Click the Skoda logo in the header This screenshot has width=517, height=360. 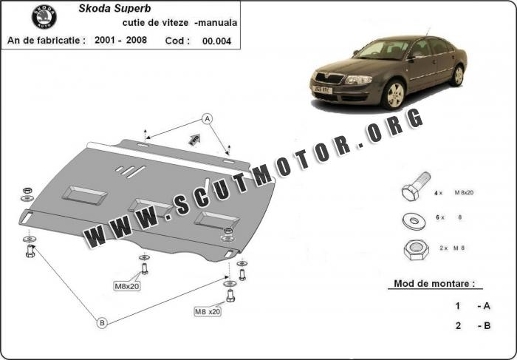coord(44,17)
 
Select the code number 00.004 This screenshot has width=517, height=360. coord(216,41)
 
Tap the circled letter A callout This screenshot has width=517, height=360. coord(208,119)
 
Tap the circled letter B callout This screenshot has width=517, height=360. coord(102,322)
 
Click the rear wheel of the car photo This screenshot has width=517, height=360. coord(459,75)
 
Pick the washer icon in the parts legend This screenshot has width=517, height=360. coord(411,219)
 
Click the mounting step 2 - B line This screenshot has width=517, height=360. coord(473,325)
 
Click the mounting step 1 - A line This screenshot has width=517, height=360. coord(473,305)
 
